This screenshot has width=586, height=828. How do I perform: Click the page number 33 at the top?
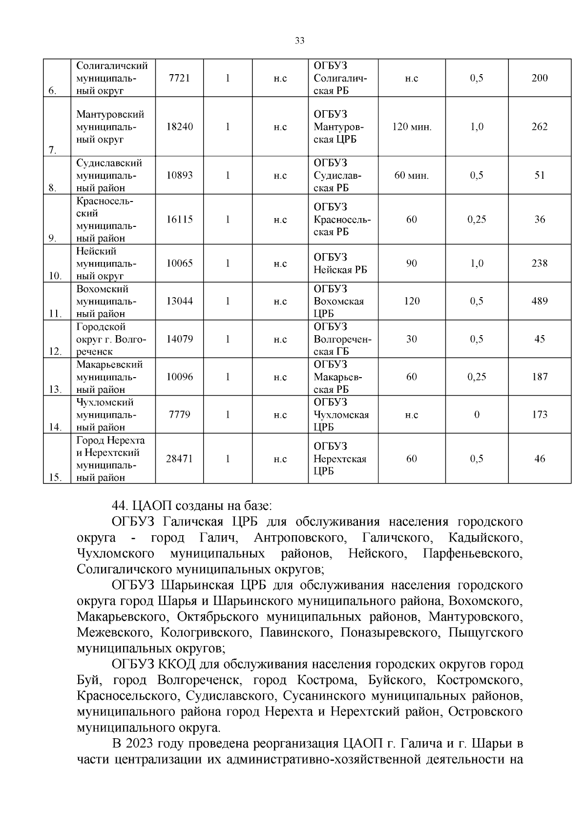click(300, 41)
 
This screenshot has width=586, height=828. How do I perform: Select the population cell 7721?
click(179, 78)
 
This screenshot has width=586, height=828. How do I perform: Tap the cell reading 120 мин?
click(412, 127)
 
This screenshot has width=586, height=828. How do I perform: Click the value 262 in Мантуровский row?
click(540, 127)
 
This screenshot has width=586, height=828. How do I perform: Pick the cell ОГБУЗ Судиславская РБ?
click(342, 175)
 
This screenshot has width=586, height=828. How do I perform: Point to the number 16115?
click(179, 220)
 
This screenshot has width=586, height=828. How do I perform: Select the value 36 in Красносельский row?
click(540, 220)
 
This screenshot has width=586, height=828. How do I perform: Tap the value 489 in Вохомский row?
click(540, 301)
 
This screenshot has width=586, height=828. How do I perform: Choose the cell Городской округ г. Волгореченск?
click(111, 339)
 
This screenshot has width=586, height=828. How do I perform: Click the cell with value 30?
click(412, 339)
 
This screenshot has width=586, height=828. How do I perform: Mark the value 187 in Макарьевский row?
click(540, 377)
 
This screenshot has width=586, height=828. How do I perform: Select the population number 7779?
click(179, 415)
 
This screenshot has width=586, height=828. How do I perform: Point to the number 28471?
click(179, 459)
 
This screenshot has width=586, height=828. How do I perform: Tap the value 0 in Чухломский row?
click(477, 415)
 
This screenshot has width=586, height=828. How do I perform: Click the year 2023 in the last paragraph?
click(141, 744)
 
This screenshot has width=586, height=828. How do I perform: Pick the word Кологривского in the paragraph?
click(205, 633)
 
